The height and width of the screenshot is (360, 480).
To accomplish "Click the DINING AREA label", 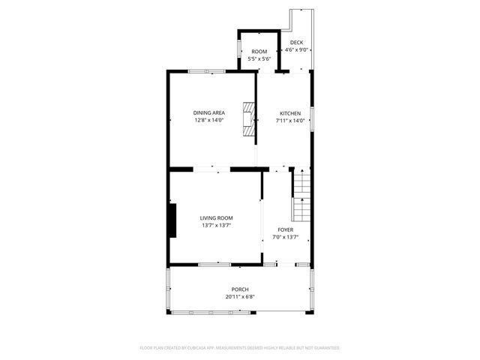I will (x=209, y=112).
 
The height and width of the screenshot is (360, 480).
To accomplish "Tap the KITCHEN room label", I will (x=290, y=112).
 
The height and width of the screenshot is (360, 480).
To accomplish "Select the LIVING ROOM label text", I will (x=216, y=217).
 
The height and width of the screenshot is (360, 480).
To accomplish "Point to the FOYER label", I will (x=286, y=229).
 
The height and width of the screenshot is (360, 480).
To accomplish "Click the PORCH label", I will (x=240, y=289).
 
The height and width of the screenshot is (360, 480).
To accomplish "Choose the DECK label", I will (x=297, y=43).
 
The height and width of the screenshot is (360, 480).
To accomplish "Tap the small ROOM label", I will (x=259, y=51).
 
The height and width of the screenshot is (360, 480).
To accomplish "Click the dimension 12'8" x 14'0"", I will (x=209, y=120).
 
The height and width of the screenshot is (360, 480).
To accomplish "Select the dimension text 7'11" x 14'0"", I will (x=290, y=120).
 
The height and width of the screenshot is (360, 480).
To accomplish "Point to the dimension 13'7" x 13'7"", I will (x=216, y=225).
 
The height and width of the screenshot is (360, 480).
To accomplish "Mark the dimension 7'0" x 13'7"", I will (x=286, y=237).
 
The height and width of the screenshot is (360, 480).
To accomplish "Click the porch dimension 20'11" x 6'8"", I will (x=240, y=297).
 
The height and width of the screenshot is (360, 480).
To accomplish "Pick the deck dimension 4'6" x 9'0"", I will (x=297, y=50).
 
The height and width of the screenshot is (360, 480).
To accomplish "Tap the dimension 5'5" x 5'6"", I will (x=259, y=58).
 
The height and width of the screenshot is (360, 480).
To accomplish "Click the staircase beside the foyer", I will (x=301, y=192).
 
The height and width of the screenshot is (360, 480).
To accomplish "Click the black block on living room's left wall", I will (x=172, y=219).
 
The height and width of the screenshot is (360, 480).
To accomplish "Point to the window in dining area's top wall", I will (x=207, y=71).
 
